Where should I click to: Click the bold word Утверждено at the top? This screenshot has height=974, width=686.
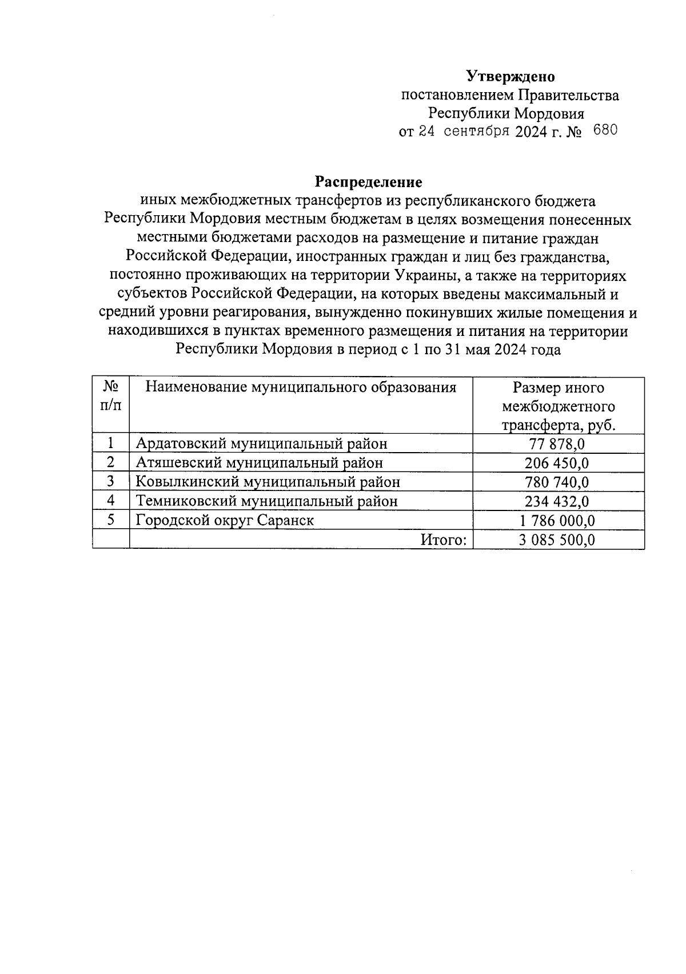pos(510,76)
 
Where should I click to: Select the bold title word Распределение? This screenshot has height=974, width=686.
pos(369,182)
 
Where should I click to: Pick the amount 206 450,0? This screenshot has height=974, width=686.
pos(558,463)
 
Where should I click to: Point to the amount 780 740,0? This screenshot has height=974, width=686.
pos(558,482)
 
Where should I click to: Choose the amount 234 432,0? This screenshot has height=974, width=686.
pos(558,501)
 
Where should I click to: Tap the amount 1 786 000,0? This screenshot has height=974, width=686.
pos(558,521)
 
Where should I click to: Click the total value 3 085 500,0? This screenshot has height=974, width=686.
pos(558,540)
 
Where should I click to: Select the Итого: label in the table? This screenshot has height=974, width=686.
pos(444,540)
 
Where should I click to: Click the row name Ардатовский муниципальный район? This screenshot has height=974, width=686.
pos(261,444)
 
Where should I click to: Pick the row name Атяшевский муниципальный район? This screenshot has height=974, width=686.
pos(259,463)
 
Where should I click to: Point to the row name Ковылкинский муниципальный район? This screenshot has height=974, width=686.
pos(268,482)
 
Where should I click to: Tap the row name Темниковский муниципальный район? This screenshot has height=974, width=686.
pos(266,501)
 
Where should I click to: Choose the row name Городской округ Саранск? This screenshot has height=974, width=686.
pos(225,521)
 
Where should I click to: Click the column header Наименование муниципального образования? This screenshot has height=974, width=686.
pos(301,387)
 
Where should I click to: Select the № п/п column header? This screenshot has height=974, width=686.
pos(111,396)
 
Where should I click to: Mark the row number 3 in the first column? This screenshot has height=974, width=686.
pos(111,482)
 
